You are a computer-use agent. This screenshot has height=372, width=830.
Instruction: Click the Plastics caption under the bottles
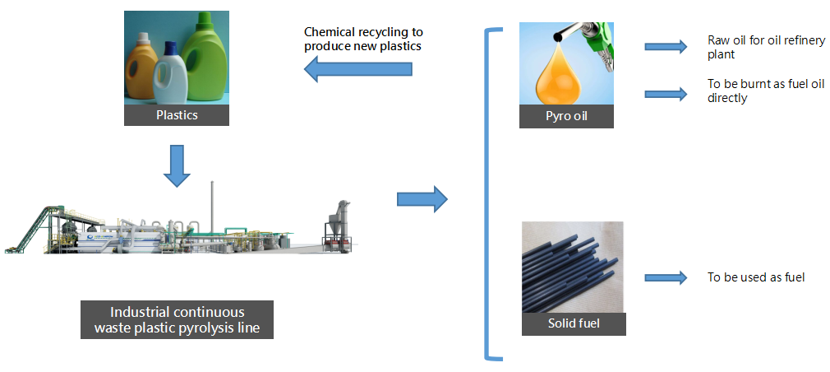tap(177, 115)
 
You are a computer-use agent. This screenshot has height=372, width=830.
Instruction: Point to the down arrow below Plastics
tap(177, 165)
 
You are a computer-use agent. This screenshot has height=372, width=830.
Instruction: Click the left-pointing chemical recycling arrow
tap(357, 71)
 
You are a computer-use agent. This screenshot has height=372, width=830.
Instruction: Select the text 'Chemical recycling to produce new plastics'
tap(363, 39)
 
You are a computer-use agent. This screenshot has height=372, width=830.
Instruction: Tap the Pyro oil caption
tap(567, 117)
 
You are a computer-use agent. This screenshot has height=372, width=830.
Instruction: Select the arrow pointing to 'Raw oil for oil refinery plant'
tap(665, 47)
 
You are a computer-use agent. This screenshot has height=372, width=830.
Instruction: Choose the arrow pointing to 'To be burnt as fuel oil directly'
tap(665, 94)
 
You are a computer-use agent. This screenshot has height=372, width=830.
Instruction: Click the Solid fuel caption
tap(574, 323)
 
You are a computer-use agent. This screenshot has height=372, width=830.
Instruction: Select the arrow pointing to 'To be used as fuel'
tap(665, 278)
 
